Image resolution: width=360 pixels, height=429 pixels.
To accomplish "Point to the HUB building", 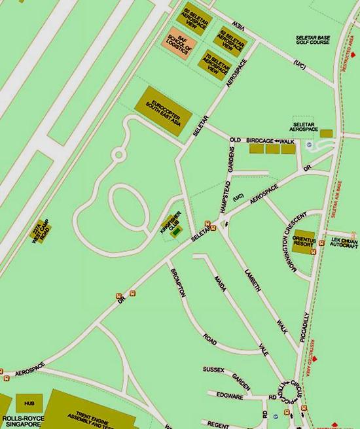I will tap(29, 400).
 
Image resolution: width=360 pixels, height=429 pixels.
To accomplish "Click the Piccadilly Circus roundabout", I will tap(287, 394).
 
